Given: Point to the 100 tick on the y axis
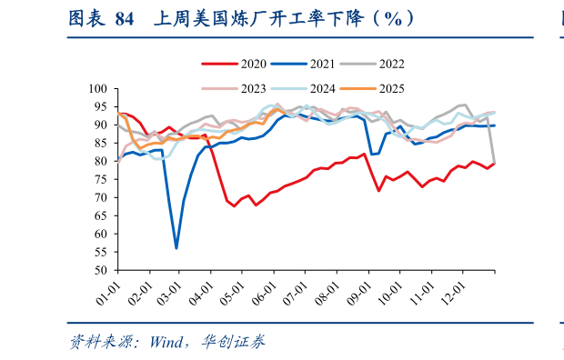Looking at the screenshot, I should click(98, 89).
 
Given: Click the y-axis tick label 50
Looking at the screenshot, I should click(101, 271).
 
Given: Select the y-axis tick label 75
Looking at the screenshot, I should click(101, 180).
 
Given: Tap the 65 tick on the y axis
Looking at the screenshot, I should click(101, 216).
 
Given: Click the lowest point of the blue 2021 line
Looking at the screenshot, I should click(176, 247).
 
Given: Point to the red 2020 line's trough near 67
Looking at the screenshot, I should click(235, 206).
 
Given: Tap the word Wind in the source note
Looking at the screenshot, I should click(166, 342).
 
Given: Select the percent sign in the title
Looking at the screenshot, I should click(392, 18).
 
